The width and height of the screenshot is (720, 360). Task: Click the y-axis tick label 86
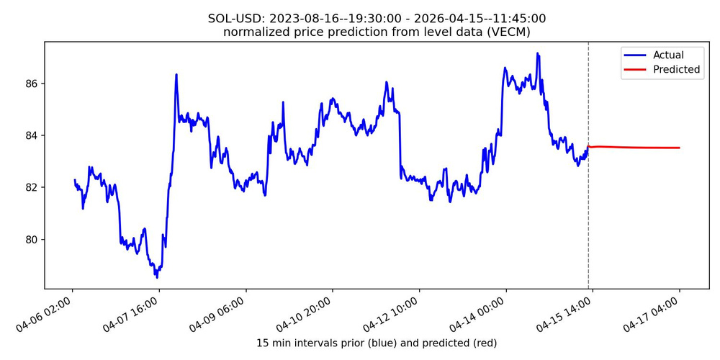[31, 84]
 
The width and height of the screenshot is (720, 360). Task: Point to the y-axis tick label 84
[31, 135]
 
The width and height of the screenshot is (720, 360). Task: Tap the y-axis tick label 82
[31, 187]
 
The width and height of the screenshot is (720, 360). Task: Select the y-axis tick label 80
[31, 239]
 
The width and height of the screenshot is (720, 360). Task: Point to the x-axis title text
[377, 343]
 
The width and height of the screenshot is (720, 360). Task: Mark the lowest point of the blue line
[156, 277]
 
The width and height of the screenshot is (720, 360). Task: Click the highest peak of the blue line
[537, 53]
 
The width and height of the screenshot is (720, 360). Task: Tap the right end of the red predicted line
[679, 148]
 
